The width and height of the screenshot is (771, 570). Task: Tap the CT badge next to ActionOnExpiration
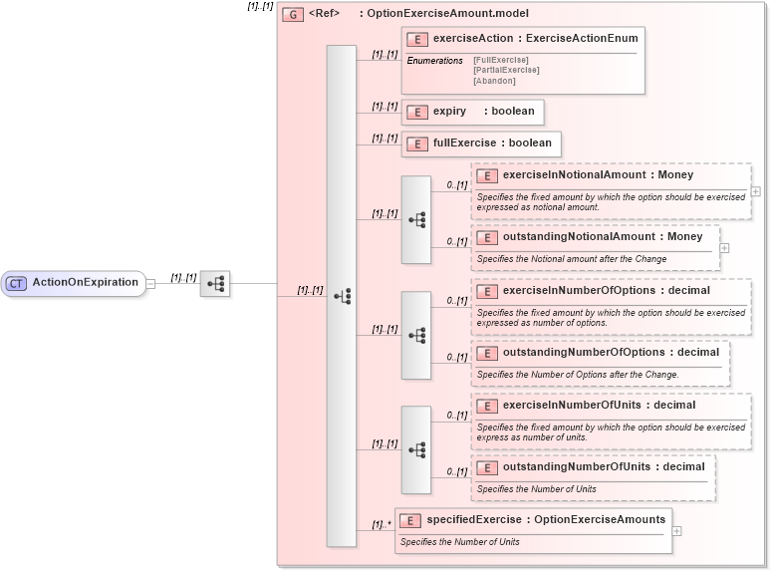[x=16, y=283]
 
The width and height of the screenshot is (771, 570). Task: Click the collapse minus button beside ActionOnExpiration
[x=150, y=283]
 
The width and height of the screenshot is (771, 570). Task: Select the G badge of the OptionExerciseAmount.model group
[x=293, y=14]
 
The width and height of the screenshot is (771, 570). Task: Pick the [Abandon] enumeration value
[x=495, y=81]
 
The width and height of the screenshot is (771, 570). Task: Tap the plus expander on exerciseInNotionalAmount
[x=756, y=191]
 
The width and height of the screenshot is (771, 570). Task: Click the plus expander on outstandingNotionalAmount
[x=724, y=248]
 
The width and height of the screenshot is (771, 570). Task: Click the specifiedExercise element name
[x=475, y=520]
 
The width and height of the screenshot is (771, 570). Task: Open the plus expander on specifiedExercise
[x=677, y=531]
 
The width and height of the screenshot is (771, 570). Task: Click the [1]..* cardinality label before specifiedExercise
[x=381, y=524]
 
